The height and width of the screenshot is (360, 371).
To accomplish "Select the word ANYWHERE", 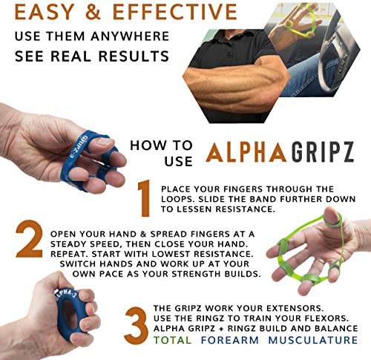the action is tap(130, 36).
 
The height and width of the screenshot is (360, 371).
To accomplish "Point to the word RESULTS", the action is tap(134, 56).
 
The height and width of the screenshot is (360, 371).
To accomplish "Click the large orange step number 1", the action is tap(145, 198).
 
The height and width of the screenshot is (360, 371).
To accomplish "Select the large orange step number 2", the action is tap(29, 239).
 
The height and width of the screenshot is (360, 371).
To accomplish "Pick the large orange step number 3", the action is tap(137, 326).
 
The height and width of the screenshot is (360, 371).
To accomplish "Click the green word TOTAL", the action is tap(172, 340).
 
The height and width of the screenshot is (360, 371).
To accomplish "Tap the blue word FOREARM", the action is tap(230, 340).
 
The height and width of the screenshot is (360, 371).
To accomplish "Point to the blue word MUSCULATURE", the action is tap(313, 340).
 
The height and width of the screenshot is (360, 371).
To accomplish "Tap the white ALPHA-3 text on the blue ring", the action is tap(66, 294).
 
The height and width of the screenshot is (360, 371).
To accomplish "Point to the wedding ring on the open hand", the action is tap(320, 261).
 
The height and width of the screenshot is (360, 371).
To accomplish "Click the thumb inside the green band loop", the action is tap(331, 217).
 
